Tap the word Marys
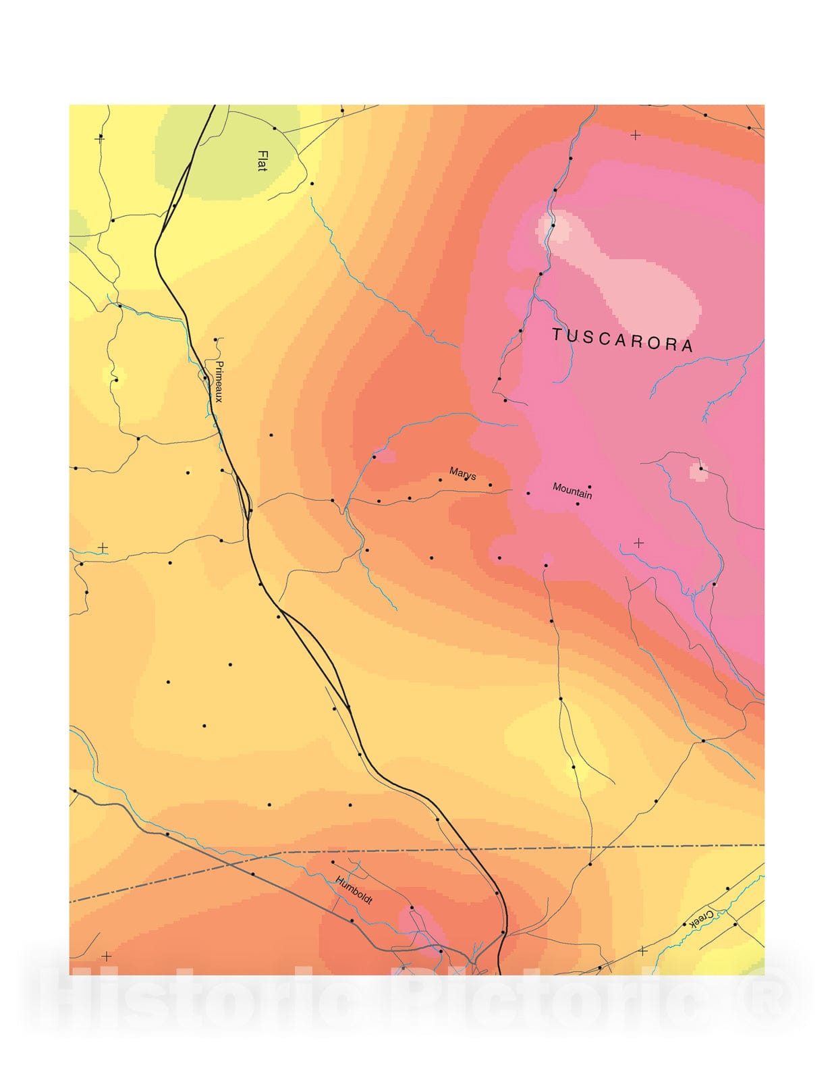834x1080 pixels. (x=463, y=474)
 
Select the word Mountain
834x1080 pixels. (x=572, y=491)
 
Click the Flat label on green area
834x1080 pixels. (x=262, y=161)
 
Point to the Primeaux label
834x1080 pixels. (x=219, y=381)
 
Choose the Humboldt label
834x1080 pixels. (x=354, y=890)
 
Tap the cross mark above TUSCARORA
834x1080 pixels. (x=635, y=136)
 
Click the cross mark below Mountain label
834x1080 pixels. (x=639, y=543)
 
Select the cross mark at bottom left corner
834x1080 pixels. (x=107, y=956)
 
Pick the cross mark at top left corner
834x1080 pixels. (x=100, y=138)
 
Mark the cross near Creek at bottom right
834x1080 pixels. (x=642, y=950)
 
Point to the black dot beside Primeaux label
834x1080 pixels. (x=205, y=378)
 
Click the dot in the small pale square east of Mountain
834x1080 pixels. (x=700, y=468)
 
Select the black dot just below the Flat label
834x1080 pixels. (x=312, y=184)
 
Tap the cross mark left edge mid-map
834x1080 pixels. (x=103, y=547)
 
